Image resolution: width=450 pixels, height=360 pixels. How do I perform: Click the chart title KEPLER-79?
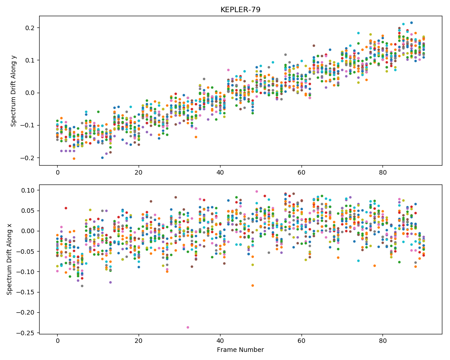coord(240,9)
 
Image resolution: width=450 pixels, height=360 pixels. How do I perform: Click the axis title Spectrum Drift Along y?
coord(13,91)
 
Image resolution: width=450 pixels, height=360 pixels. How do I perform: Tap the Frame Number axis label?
coord(240,350)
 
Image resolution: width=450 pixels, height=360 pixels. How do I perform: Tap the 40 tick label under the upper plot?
coord(220,172)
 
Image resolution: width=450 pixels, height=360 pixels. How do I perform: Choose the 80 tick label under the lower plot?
coord(383,341)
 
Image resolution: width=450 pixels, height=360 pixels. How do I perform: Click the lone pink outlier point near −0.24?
coord(188,327)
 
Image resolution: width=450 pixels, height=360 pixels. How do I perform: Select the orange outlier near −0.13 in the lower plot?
coord(252,285)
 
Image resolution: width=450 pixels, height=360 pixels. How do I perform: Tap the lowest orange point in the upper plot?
coord(74,158)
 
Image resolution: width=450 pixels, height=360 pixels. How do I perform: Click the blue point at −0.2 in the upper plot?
coord(102,157)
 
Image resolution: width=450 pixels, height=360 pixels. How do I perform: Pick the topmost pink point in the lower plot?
coord(256,192)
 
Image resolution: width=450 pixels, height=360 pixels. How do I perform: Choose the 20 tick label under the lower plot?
coord(139,341)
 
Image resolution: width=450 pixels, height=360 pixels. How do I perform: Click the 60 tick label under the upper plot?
coord(301,172)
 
